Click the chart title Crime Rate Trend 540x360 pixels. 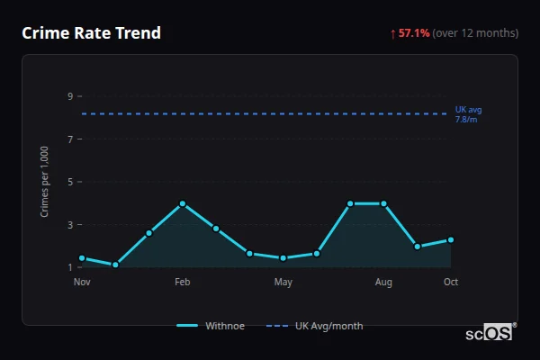[91, 33]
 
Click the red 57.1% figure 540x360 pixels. [414, 33]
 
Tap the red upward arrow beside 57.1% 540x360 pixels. [392, 33]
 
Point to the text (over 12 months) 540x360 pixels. [475, 33]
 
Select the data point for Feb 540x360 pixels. [183, 203]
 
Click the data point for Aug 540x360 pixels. [383, 203]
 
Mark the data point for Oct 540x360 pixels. [451, 239]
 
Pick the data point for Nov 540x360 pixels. [82, 258]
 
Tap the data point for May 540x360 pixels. [283, 258]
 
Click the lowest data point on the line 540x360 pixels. [115, 265]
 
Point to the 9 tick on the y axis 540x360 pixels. [69, 96]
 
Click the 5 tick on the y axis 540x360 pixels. [69, 182]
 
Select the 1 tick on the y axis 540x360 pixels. [69, 267]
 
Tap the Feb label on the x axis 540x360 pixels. [183, 283]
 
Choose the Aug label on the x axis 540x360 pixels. [383, 283]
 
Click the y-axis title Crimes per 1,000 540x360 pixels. [45, 182]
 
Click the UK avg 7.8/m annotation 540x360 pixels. [468, 114]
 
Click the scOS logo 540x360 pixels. [490, 333]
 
